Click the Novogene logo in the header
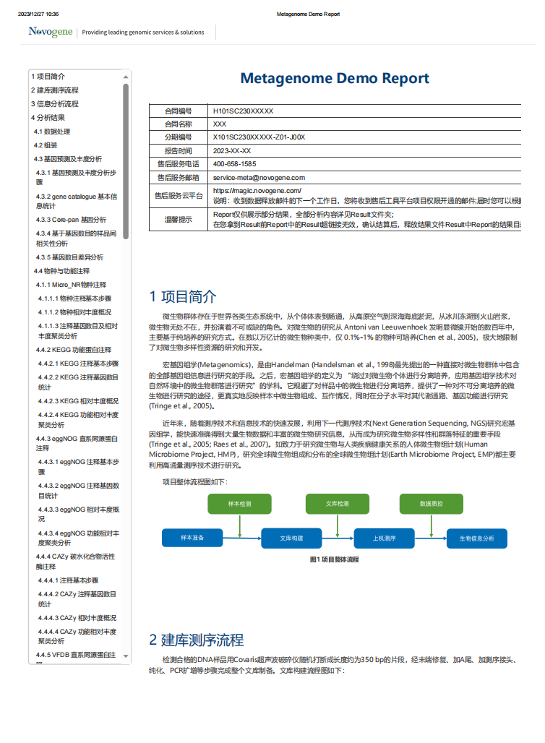click(x=51, y=32)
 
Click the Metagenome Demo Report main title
click(x=335, y=78)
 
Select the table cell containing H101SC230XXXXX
click(x=243, y=111)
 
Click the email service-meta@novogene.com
click(x=259, y=177)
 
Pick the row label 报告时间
click(x=178, y=151)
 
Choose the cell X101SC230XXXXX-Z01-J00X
click(x=259, y=137)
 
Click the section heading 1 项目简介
click(x=183, y=296)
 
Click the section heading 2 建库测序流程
click(x=197, y=640)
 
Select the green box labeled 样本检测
click(x=239, y=504)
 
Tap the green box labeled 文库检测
click(x=337, y=504)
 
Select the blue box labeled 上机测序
click(x=384, y=538)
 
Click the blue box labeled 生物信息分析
click(x=478, y=538)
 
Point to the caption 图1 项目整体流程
click(x=334, y=559)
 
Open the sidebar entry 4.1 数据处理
click(x=52, y=132)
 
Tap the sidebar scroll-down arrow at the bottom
click(x=126, y=656)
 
